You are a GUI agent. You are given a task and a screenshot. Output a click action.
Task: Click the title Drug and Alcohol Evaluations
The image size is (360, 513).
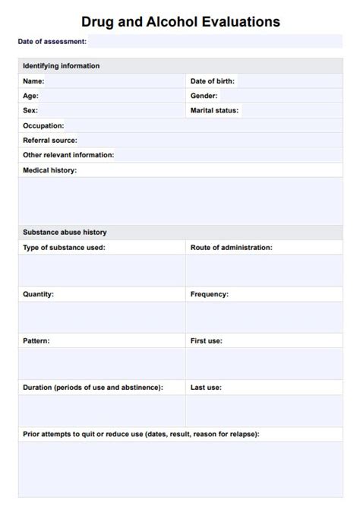(x=180, y=22)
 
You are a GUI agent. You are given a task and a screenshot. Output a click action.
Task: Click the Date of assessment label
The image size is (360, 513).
(x=52, y=41)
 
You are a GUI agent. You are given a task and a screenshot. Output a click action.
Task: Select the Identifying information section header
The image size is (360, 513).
(x=61, y=66)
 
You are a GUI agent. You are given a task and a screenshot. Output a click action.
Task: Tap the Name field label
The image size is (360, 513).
(x=33, y=81)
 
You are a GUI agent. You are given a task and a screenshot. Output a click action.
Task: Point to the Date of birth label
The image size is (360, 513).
(x=212, y=81)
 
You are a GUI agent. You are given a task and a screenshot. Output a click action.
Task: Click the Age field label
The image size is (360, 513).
(x=30, y=96)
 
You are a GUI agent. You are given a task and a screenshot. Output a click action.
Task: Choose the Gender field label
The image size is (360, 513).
(x=204, y=96)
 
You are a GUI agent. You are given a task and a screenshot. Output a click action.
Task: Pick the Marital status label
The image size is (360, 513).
(x=214, y=110)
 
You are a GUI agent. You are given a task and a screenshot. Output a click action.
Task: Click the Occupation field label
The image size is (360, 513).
(x=43, y=125)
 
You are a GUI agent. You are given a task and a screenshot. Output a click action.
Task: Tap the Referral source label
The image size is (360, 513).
(x=50, y=140)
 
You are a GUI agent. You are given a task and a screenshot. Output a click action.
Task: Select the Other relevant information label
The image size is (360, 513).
(x=68, y=155)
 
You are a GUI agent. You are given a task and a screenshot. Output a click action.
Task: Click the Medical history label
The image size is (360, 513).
(x=49, y=170)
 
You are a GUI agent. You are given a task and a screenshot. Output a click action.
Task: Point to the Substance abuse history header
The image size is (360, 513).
(x=65, y=232)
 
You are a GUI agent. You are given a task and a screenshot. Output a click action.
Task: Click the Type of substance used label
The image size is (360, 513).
(x=64, y=247)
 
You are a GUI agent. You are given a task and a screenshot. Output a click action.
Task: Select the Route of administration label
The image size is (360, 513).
(x=231, y=247)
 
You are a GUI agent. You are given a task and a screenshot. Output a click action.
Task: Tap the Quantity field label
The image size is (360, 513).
(x=38, y=293)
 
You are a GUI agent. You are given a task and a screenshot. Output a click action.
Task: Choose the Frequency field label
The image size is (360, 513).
(x=209, y=293)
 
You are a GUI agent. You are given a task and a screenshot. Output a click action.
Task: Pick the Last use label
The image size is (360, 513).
(x=206, y=387)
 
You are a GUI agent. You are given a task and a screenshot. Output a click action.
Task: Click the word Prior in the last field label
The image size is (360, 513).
(x=31, y=434)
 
